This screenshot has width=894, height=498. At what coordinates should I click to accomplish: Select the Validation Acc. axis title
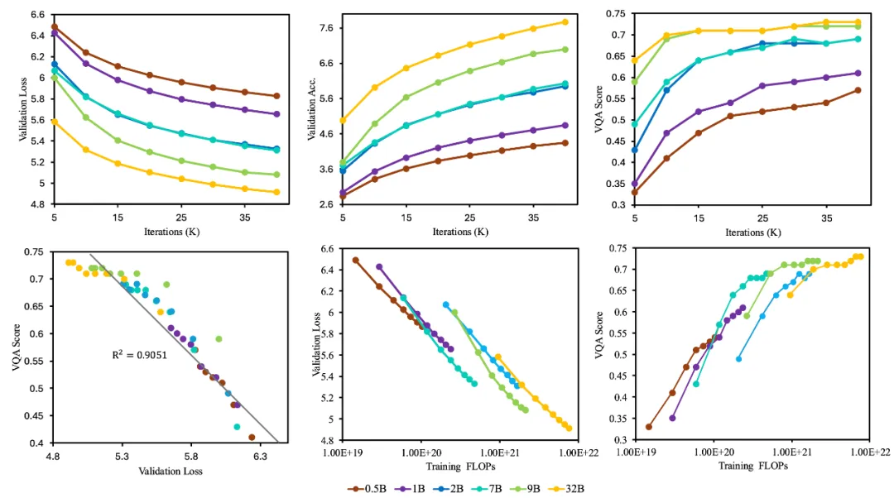(313, 110)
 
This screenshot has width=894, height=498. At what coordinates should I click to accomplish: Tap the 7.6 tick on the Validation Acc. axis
(324, 28)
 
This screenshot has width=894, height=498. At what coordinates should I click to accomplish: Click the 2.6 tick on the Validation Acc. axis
(324, 204)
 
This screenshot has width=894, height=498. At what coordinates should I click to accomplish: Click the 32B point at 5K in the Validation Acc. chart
(342, 120)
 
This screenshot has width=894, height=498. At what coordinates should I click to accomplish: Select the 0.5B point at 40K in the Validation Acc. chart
(565, 142)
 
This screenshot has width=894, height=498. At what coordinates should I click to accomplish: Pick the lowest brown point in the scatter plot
(252, 437)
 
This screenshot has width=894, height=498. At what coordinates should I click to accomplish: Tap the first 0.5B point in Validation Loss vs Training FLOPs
(356, 260)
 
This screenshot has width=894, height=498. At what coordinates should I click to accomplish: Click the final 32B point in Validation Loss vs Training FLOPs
(570, 428)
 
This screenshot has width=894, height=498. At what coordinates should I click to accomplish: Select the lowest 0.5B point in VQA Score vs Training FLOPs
(648, 427)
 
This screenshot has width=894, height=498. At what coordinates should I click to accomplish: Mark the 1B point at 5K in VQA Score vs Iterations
(635, 183)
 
